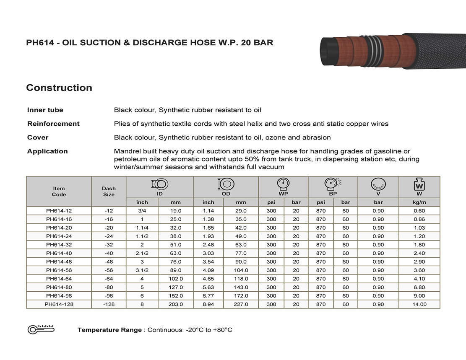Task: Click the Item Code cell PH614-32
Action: pyautogui.click(x=59, y=245)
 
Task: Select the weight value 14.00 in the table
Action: pyautogui.click(x=419, y=304)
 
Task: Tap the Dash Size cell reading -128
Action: pyautogui.click(x=109, y=304)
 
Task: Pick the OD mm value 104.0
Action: pyautogui.click(x=241, y=270)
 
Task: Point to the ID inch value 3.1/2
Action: pyautogui.click(x=142, y=270)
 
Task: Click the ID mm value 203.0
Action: pyautogui.click(x=175, y=304)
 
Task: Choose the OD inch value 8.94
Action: pyautogui.click(x=208, y=304)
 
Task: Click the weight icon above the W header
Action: pyautogui.click(x=419, y=184)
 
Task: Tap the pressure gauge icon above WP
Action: pyautogui.click(x=283, y=184)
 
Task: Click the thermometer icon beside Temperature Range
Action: pyautogui.click(x=41, y=329)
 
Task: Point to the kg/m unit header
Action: pyautogui.click(x=419, y=202)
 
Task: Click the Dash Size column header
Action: pyautogui.click(x=109, y=192)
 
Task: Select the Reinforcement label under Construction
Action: pyautogui.click(x=53, y=124)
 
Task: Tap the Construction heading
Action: pyautogui.click(x=59, y=88)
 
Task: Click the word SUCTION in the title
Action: pyautogui.click(x=99, y=43)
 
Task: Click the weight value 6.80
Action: pyautogui.click(x=419, y=287)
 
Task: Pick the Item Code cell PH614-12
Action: pyautogui.click(x=59, y=211)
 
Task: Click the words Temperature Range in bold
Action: pyautogui.click(x=109, y=330)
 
